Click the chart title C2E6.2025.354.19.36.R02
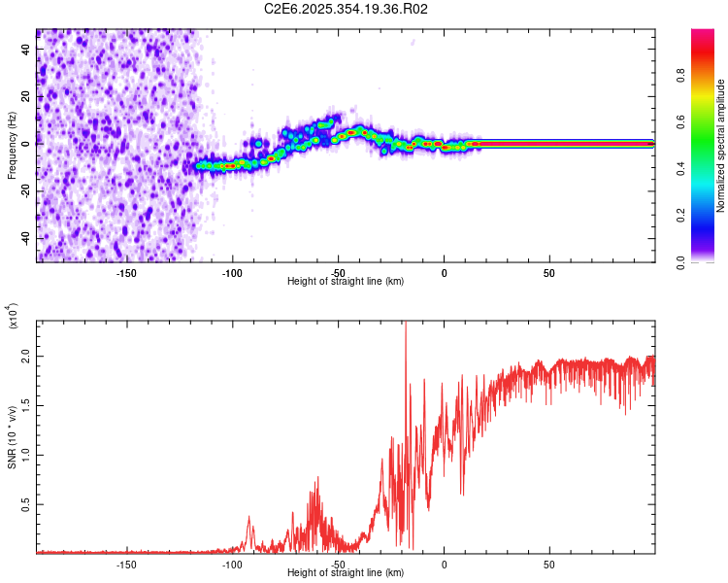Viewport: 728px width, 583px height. click(347, 9)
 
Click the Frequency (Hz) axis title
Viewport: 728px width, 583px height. click(12, 145)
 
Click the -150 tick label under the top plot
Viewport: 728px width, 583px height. click(126, 272)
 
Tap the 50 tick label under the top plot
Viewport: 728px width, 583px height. click(549, 272)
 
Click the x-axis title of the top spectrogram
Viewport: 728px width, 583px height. click(346, 282)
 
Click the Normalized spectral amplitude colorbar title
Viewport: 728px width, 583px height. click(720, 146)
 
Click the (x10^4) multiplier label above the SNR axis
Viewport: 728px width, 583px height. click(14, 317)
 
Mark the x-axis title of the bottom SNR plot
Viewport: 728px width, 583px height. click(346, 573)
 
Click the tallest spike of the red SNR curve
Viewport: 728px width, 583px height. click(405, 326)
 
